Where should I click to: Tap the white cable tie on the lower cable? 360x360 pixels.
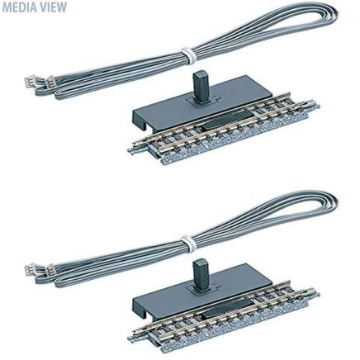(x=189, y=243)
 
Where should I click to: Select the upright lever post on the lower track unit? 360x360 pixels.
(x=199, y=274)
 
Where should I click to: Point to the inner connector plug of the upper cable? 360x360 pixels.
(x=50, y=82)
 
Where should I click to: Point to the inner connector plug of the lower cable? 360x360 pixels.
(x=50, y=270)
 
